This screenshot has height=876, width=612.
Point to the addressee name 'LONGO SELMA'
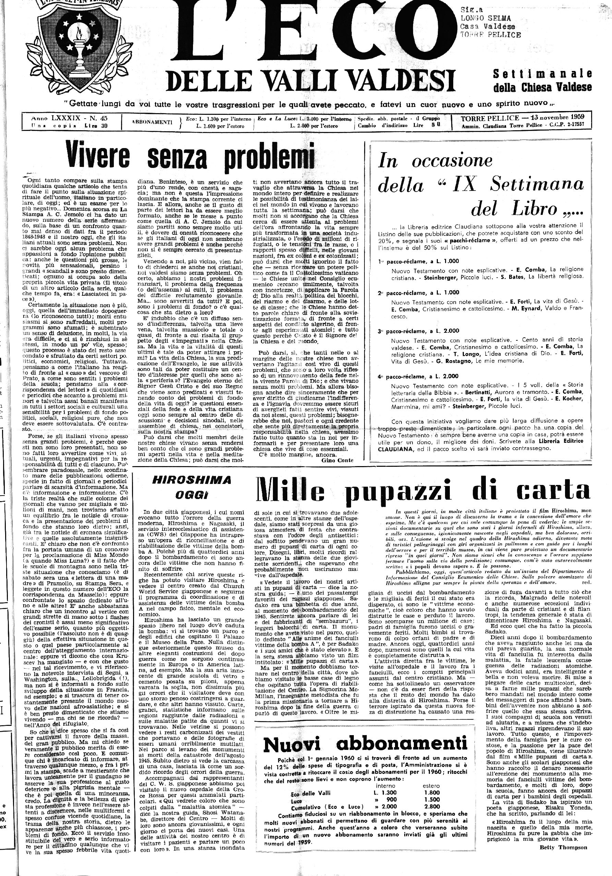(485, 18)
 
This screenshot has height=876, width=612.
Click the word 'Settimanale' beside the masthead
(542, 73)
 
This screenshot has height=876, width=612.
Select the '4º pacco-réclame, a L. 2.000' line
(418, 376)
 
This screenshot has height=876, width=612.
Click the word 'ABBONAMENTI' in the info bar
(152, 122)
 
